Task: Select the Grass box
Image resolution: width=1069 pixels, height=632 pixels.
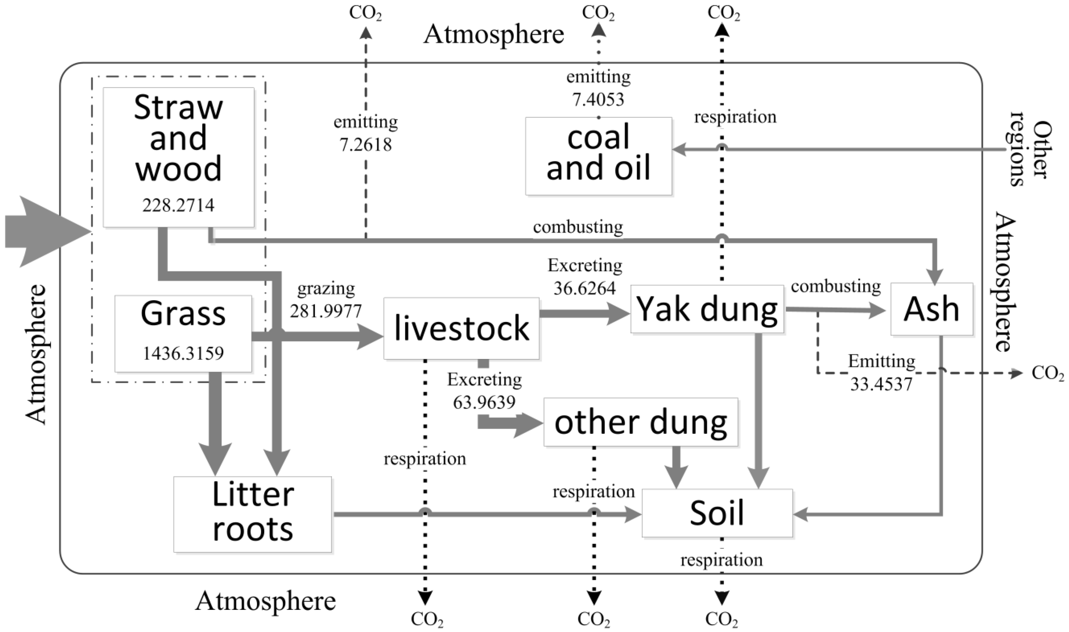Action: point(183,334)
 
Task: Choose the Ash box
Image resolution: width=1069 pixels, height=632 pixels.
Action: point(932,309)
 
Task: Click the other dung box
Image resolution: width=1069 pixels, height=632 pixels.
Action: point(641,422)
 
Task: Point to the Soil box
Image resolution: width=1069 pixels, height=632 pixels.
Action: point(717,513)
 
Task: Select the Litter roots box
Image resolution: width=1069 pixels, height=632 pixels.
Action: point(252,514)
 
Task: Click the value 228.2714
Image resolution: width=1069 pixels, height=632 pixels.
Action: point(178,206)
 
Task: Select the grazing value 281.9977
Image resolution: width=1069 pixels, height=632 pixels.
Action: point(326,311)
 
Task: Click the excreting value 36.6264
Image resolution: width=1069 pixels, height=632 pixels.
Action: point(584,288)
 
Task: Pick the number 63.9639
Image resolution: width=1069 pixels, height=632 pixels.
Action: point(484,402)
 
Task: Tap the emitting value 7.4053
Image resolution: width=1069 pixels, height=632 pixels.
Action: point(598,100)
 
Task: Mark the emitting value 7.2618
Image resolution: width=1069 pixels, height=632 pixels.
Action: point(365,145)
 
